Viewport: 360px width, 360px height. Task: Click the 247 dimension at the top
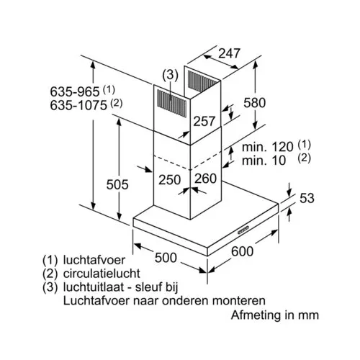[229, 53]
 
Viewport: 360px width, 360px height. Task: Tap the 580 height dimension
[255, 103]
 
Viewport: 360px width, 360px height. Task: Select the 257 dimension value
[204, 121]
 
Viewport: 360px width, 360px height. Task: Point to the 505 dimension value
[117, 184]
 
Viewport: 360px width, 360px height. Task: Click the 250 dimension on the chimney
[169, 180]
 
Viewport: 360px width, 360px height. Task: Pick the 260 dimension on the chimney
[205, 179]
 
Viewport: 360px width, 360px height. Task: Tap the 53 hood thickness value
[307, 198]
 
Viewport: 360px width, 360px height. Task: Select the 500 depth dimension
[166, 258]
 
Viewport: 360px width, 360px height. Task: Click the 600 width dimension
[242, 251]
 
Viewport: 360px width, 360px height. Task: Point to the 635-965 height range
[75, 91]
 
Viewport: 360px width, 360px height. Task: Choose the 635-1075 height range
[78, 105]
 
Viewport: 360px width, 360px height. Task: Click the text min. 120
[267, 147]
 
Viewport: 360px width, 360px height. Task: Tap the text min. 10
[264, 161]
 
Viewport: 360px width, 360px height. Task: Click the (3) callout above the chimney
[170, 75]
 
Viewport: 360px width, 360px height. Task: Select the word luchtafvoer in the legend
[94, 260]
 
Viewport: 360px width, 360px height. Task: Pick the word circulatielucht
[102, 274]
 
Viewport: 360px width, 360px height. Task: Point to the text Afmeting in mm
[275, 315]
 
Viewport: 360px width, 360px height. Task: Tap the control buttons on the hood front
[244, 230]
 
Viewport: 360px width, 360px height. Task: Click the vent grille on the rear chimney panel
[202, 81]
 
